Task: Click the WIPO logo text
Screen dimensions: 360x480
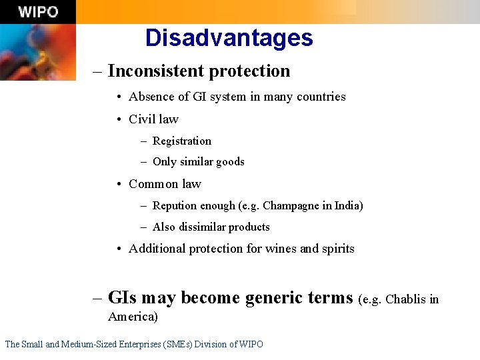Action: pos(38,12)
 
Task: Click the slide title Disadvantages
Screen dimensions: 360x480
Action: pos(229,37)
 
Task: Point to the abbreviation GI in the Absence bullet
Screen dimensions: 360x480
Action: pos(199,97)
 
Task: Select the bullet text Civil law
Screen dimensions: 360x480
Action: pos(153,119)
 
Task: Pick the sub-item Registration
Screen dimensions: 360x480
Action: pos(181,141)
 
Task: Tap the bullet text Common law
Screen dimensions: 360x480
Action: pos(165,183)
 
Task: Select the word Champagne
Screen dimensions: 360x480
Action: pos(291,205)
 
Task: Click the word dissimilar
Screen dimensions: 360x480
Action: pos(201,227)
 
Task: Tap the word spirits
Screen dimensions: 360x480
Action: pos(339,249)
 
